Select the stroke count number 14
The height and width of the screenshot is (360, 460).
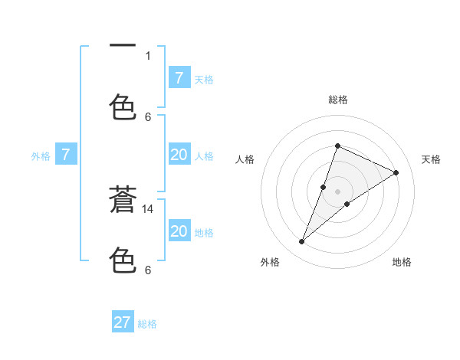[x=149, y=208]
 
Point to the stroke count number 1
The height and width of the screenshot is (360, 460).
[x=148, y=55]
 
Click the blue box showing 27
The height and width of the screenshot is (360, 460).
[x=123, y=322]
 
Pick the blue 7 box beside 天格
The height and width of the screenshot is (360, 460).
[x=179, y=77]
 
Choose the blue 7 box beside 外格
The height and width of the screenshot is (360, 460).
[x=66, y=155]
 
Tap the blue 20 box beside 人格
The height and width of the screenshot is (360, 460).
[x=179, y=155]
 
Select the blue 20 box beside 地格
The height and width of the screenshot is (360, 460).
[x=179, y=231]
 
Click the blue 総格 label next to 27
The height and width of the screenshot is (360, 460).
[x=147, y=324]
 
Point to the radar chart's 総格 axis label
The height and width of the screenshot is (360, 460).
[x=337, y=100]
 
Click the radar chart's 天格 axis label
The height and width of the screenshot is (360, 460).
[x=432, y=159]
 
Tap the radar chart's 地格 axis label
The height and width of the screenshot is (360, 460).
[x=402, y=262]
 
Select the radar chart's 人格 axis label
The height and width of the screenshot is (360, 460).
[x=245, y=159]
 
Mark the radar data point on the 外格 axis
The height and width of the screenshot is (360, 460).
[x=301, y=242]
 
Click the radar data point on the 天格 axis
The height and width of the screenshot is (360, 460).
[x=396, y=172]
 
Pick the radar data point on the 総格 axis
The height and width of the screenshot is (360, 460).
[x=337, y=146]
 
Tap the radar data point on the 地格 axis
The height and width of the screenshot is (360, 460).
[x=347, y=204]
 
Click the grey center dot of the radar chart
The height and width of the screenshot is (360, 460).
[x=337, y=191]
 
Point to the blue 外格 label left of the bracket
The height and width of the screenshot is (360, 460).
[x=41, y=156]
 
